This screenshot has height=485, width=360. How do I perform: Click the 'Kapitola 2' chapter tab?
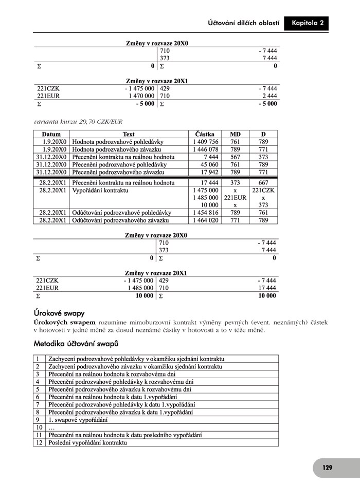point(307,24)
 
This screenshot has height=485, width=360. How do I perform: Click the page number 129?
point(327,468)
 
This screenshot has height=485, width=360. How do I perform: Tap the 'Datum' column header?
point(51,134)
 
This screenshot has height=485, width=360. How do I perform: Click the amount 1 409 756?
point(206,142)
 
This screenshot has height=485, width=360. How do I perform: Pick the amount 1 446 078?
point(206,150)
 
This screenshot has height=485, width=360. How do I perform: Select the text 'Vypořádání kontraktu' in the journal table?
point(100,190)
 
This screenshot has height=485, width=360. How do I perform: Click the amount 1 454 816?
point(206,213)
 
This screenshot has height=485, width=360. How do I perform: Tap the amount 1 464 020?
point(206,220)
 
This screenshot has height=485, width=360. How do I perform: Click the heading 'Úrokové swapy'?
point(59,313)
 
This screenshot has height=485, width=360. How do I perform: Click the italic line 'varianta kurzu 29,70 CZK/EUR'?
point(78,121)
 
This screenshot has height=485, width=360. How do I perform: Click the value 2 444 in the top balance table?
point(269,96)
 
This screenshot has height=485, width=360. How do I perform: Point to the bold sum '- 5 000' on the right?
point(267,104)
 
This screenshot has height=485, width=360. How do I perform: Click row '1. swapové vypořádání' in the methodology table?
point(78,420)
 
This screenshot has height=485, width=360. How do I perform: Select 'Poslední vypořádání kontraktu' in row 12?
point(87,442)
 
